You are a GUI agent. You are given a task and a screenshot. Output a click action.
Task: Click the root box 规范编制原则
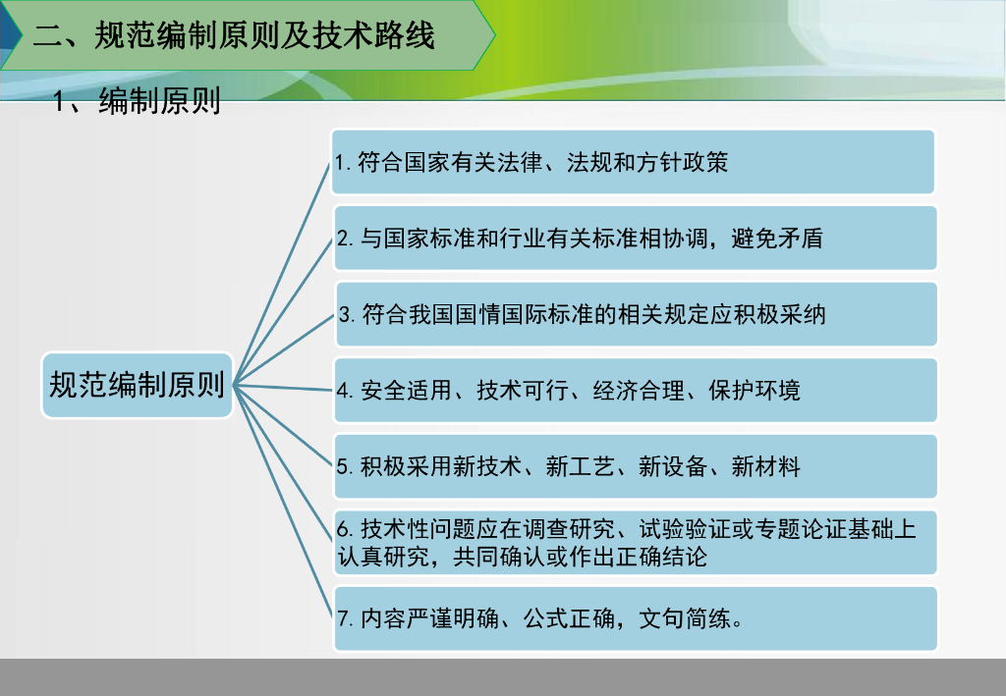(x=138, y=385)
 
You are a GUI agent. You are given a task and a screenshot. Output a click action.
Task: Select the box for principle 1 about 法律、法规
(x=634, y=162)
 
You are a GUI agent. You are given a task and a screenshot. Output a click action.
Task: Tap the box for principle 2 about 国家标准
(x=636, y=238)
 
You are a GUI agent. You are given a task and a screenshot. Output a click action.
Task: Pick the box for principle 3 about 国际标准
(x=636, y=314)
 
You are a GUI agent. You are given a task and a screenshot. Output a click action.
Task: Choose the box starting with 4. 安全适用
(x=636, y=390)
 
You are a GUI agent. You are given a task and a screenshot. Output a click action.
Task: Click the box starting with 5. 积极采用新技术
(x=636, y=466)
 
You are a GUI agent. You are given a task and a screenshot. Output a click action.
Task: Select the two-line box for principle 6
(x=636, y=543)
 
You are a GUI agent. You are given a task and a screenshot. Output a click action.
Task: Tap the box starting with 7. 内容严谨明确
(x=636, y=618)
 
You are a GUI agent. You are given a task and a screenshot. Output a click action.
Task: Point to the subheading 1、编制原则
(x=138, y=101)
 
